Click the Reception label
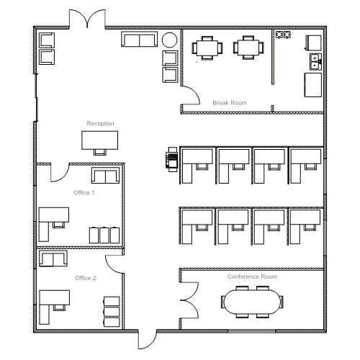[x=100, y=123]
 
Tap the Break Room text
[x=230, y=103]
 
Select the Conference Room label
[x=252, y=276]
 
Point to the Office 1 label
[x=84, y=192]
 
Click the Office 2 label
[x=86, y=278]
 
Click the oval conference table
[x=252, y=302]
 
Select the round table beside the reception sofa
[x=169, y=40]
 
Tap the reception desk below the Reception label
[x=99, y=140]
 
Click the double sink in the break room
[x=315, y=62]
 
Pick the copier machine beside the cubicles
[x=173, y=159]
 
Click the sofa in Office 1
[x=105, y=176]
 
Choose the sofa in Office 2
[x=53, y=258]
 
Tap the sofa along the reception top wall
[x=139, y=39]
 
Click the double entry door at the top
[x=87, y=18]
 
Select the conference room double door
[x=189, y=300]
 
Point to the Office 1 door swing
[x=60, y=173]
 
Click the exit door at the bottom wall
[x=148, y=339]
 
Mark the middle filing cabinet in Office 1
[x=104, y=235]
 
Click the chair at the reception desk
[x=99, y=152]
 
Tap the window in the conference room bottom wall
[x=252, y=331]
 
